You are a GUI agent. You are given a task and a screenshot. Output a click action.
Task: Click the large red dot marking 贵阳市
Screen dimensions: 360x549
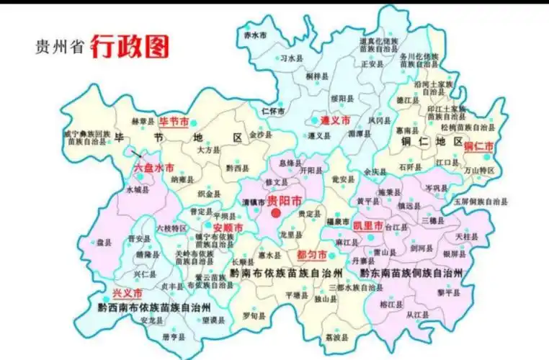click(x=276, y=214)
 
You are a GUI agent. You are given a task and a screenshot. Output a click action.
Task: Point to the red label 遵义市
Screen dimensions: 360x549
click(x=335, y=120)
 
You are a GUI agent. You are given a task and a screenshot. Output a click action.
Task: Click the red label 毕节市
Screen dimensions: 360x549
click(x=174, y=120)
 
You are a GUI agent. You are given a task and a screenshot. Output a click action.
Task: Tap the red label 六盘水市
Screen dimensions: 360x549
click(x=153, y=167)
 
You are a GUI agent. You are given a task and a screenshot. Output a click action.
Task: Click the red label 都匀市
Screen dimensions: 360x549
click(x=312, y=255)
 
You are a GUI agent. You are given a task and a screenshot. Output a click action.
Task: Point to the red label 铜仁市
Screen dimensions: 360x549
click(x=479, y=146)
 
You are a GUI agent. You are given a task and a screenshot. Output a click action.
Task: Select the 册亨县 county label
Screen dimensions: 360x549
click(x=173, y=336)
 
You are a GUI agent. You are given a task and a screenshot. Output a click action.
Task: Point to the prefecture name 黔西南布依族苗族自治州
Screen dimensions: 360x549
click(x=153, y=307)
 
